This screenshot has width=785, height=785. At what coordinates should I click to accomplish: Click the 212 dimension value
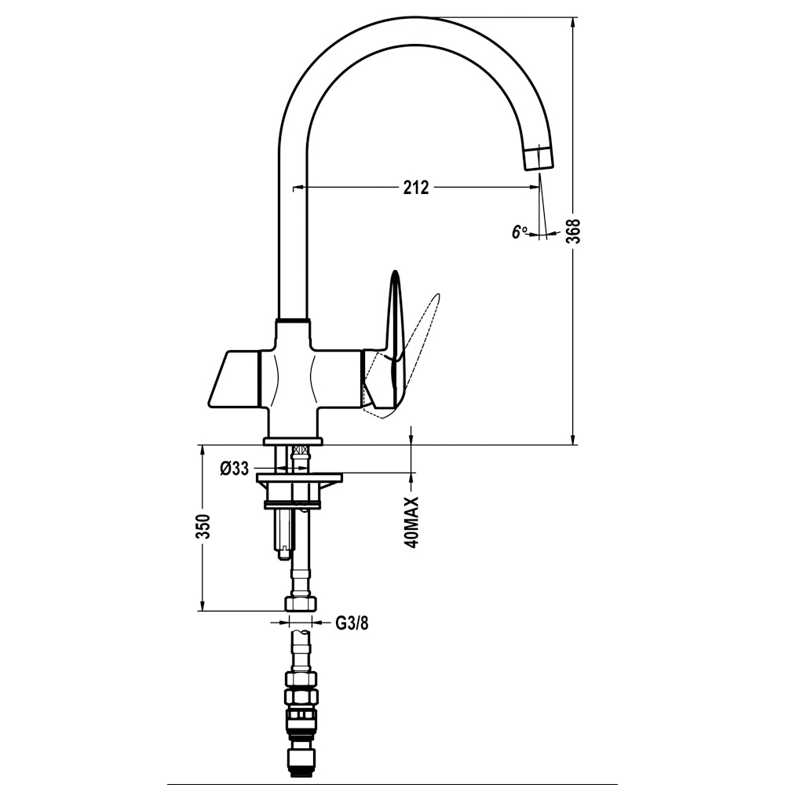click(x=416, y=188)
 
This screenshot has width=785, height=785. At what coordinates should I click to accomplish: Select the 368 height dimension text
click(x=575, y=231)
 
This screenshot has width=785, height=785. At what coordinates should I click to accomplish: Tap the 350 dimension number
click(x=203, y=527)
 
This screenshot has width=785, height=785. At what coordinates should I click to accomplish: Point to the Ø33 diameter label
click(x=234, y=469)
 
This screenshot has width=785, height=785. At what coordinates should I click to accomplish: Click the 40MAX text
click(x=411, y=522)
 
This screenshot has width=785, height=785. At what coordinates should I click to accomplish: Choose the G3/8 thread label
click(x=352, y=623)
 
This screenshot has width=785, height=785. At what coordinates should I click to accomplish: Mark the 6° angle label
click(x=519, y=232)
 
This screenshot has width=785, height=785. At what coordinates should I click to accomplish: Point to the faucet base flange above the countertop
click(x=294, y=441)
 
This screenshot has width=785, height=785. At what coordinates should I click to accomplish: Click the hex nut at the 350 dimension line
click(x=301, y=603)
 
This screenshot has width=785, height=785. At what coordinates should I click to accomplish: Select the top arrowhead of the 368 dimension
click(x=572, y=24)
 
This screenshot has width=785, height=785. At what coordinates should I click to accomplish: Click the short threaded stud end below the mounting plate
click(x=283, y=553)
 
